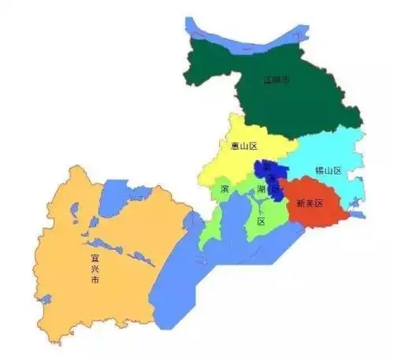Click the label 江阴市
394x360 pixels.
click(277, 80)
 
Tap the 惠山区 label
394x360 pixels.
click(243, 146)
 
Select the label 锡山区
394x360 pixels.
click(328, 171)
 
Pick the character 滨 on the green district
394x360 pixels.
click(225, 190)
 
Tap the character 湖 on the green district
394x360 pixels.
click(261, 190)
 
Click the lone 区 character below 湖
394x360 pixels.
click(261, 221)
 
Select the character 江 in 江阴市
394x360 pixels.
click(267, 80)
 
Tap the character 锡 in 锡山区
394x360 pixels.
click(318, 171)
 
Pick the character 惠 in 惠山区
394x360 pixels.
click(233, 146)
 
